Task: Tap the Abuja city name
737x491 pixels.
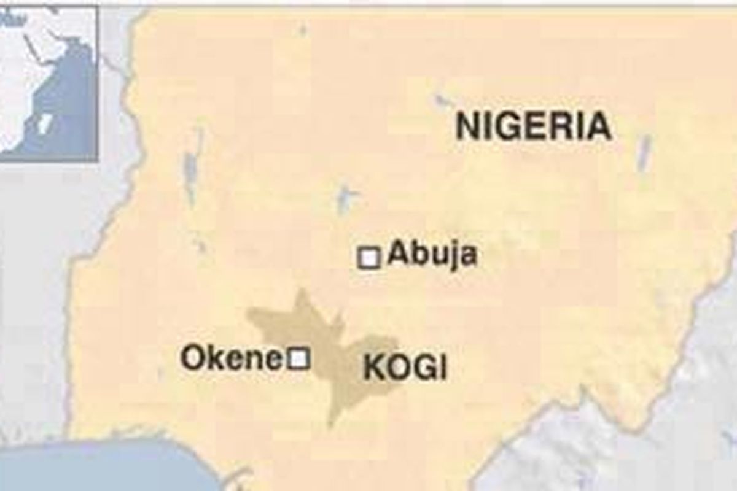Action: (432, 253)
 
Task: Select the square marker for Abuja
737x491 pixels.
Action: (368, 258)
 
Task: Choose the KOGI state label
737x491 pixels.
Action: (405, 368)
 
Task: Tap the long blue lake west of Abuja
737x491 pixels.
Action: (190, 166)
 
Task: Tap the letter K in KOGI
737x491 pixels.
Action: (373, 368)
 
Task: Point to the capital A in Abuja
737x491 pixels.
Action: (399, 253)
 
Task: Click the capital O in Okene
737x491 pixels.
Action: (192, 358)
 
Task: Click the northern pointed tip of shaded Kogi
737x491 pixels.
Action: (301, 293)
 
